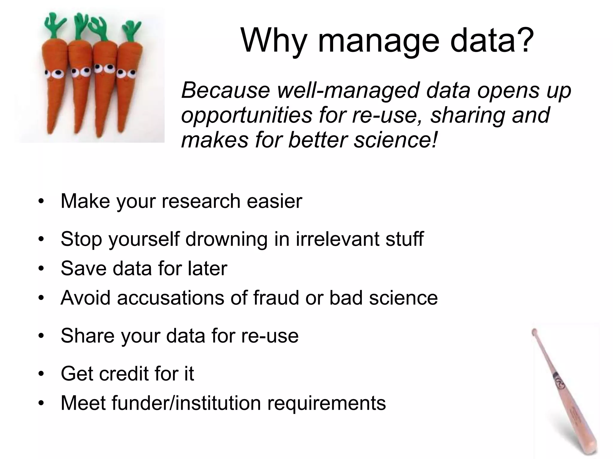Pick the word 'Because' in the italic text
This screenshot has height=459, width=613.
pyautogui.click(x=225, y=90)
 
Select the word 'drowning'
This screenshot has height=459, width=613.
pyautogui.click(x=226, y=239)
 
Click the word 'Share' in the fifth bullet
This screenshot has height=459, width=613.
pyautogui.click(x=87, y=336)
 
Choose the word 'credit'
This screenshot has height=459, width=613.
pyautogui.click(x=124, y=374)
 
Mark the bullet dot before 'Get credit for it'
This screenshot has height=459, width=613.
pyautogui.click(x=41, y=374)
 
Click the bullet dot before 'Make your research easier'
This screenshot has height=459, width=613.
pyautogui.click(x=41, y=201)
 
